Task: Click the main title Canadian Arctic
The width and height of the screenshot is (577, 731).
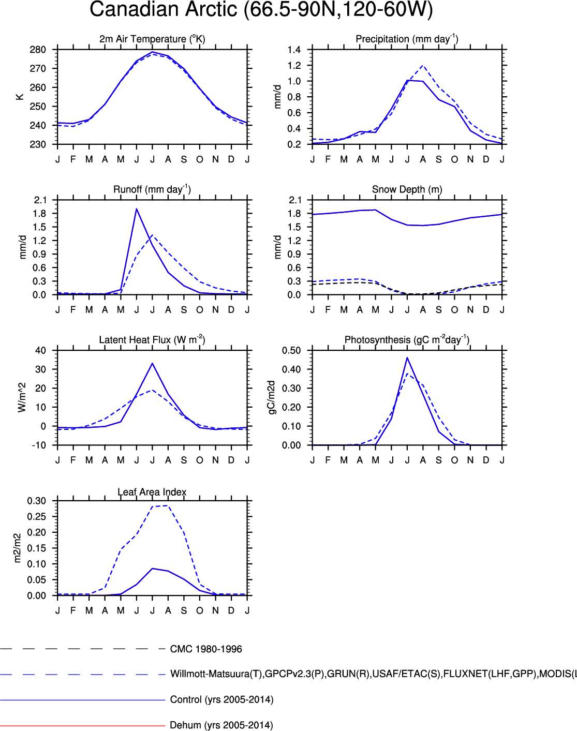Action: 261,10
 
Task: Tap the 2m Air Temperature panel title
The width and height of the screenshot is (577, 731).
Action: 152,39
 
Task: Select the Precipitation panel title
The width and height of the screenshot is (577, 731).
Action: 407,39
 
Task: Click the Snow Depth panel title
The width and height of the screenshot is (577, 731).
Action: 407,189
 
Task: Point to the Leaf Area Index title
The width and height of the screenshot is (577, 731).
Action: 152,492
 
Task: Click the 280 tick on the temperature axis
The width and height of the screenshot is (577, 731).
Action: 38,50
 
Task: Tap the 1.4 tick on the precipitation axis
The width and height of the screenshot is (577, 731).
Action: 294,50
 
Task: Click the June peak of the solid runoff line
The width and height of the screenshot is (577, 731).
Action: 137,209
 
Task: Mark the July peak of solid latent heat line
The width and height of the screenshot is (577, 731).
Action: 152,363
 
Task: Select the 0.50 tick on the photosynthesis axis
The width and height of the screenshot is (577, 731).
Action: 291,350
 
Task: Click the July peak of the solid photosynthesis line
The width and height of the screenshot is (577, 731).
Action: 407,357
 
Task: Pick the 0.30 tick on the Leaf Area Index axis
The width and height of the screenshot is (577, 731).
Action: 37,501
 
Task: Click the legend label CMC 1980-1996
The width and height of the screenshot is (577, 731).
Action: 206,649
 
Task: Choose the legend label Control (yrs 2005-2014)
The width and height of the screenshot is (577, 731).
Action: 221,699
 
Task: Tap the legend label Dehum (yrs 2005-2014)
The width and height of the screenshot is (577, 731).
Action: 221,725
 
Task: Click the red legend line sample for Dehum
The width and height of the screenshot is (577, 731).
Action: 83,725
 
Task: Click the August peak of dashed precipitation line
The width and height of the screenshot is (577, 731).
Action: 423,66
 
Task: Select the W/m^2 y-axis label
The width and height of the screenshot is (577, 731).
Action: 22,397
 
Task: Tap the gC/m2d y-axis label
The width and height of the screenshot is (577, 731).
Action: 272,397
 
